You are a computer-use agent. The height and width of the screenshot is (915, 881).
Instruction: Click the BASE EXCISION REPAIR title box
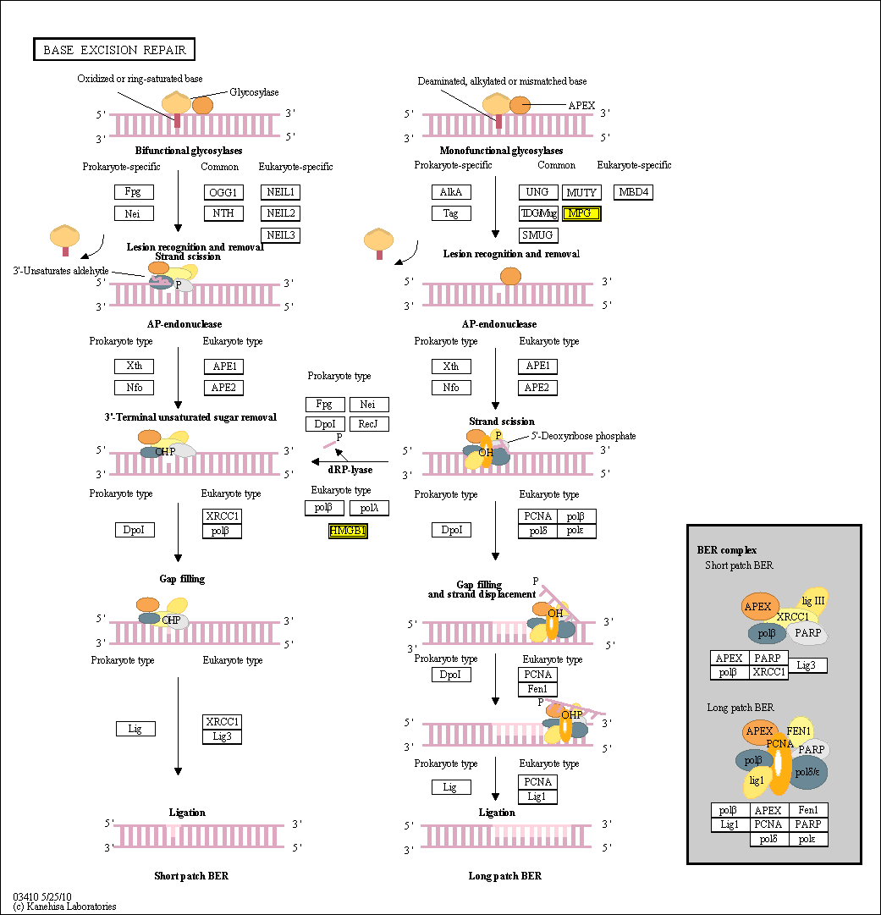pos(114,50)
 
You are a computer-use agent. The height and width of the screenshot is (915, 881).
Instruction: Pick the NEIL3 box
pos(280,234)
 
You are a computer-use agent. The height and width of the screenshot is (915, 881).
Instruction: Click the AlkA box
pos(451,192)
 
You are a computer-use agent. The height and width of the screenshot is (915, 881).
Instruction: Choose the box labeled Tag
pos(451,213)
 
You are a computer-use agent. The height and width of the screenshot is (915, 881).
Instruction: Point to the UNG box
pos(537,192)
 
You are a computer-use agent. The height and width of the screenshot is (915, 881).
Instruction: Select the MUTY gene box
pos(581,192)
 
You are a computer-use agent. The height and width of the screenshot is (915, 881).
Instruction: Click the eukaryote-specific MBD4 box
pos(634,192)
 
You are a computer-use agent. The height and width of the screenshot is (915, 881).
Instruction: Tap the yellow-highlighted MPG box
pos(581,213)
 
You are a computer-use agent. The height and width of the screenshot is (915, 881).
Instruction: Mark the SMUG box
pos(537,234)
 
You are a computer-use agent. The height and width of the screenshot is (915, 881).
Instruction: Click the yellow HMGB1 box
pos(347,532)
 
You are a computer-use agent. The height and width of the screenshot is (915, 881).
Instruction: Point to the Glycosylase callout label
pos(254,92)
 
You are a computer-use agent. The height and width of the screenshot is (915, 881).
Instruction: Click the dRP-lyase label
pos(350,470)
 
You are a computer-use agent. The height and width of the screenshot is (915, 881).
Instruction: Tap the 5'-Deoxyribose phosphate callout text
pos(583,436)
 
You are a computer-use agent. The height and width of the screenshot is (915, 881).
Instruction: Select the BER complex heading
pos(721,550)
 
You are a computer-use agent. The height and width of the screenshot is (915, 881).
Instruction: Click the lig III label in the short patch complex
pos(812,601)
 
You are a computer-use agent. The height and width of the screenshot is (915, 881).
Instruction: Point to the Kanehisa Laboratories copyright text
pos(65,907)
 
